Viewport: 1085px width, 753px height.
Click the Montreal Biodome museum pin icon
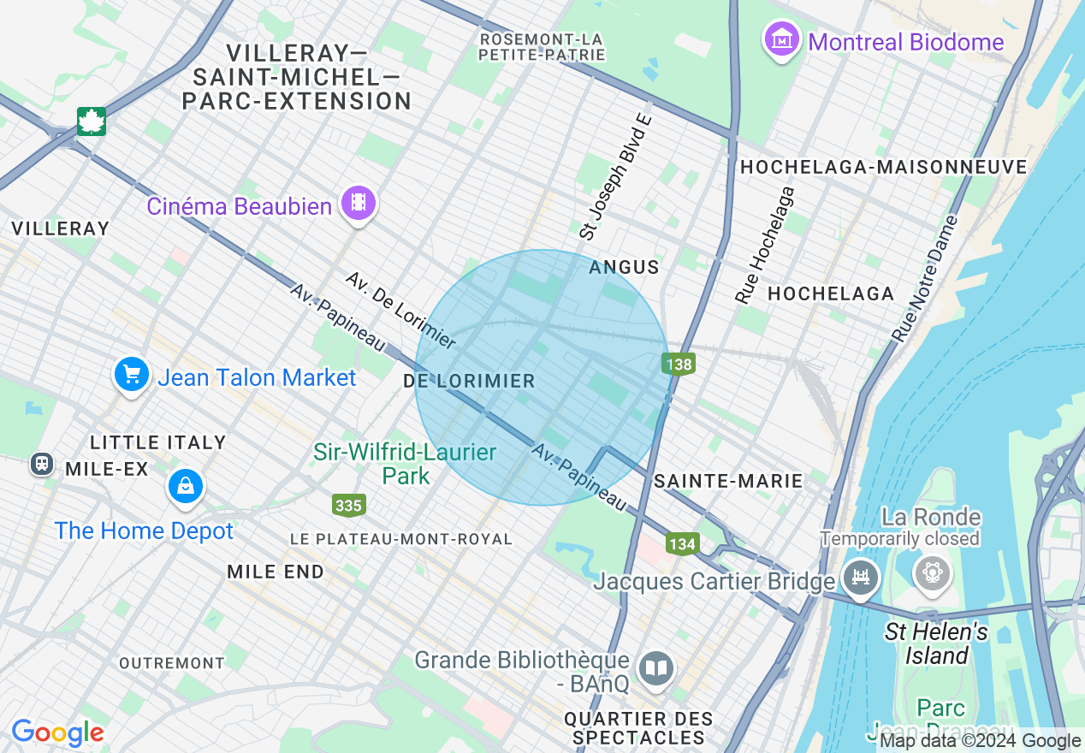[x=782, y=40]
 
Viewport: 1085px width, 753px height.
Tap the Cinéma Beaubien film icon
[x=359, y=204]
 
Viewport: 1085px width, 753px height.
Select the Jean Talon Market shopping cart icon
[x=132, y=375]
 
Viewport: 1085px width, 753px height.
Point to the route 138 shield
[x=679, y=365]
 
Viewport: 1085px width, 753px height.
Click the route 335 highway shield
[x=348, y=505]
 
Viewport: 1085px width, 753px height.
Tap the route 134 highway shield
[x=683, y=543]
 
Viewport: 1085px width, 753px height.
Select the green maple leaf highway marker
[x=91, y=121]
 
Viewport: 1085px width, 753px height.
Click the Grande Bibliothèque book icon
[x=656, y=668]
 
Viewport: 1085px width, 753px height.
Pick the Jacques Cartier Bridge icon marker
[x=860, y=576]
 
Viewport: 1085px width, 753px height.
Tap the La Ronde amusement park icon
[x=932, y=572]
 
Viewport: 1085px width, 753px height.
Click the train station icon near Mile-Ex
[x=41, y=463]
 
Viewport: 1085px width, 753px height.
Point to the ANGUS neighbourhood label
[x=624, y=267]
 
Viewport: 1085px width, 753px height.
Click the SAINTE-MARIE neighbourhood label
[x=728, y=481]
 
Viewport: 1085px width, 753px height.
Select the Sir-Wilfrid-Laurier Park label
[x=405, y=463]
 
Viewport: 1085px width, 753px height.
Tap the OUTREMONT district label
[x=171, y=663]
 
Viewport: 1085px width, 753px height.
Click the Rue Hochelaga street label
[x=765, y=245]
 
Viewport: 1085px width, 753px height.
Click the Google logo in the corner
[x=57, y=732]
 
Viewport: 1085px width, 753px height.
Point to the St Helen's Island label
[x=936, y=643]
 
